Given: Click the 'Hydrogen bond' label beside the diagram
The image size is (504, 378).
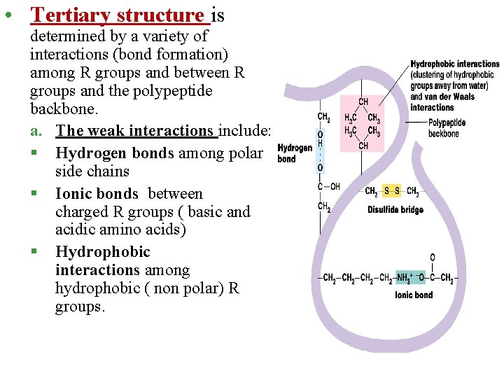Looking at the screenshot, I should click(295, 153).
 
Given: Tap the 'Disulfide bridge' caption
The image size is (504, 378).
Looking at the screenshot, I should click(395, 209).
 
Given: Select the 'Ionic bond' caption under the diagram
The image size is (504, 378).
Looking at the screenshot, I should click(414, 295).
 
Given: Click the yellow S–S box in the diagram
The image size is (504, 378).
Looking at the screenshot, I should click(392, 191).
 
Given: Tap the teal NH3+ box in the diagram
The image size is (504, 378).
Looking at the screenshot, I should click(405, 279).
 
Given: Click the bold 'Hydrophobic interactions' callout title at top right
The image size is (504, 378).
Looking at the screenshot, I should click(455, 64).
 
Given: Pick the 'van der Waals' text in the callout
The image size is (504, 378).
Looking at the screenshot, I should click(452, 97).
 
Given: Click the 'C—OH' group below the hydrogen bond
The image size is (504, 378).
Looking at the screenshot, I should click(328, 187).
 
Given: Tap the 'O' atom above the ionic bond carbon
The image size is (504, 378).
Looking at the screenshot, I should click(432, 258).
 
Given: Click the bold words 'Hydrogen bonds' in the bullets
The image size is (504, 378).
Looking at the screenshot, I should click(115, 153).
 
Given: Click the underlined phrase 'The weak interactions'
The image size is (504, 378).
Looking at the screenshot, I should click(136, 130).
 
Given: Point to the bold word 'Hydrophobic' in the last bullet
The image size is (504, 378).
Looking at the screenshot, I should click(102, 252).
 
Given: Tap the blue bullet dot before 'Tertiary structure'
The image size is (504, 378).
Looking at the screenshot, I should click(6, 15).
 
